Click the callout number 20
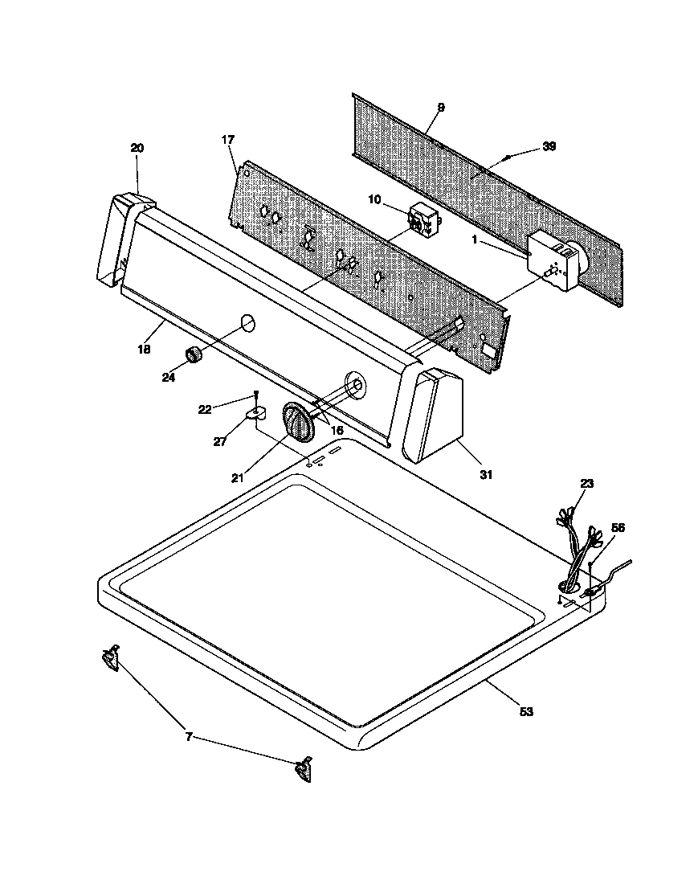pos(137,147)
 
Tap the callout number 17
pos(227,140)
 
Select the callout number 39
pos(549,146)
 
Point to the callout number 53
pos(526,712)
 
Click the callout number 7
pos(189,736)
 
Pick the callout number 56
pos(618,528)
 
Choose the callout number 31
pos(485,475)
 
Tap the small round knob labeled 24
pos(193,354)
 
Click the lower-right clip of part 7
pos(303,769)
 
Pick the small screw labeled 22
pos(255,398)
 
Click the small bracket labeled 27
pos(256,415)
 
